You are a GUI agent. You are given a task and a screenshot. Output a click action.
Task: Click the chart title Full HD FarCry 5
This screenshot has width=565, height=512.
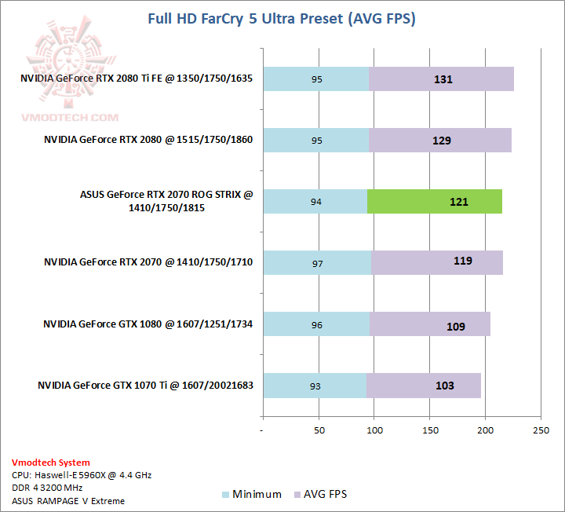pos(282,17)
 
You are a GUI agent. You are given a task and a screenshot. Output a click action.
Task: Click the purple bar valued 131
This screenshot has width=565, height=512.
pos(441,79)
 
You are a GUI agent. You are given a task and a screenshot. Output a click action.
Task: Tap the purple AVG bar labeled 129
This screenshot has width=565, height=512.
pos(440,140)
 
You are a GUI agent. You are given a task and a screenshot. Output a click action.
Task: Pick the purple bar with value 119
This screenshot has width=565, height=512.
pos(437,262)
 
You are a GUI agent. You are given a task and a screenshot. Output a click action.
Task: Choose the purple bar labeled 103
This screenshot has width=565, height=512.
pos(424,385)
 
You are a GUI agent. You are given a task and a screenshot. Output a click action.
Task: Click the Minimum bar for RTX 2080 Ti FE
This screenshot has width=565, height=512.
pos(315,79)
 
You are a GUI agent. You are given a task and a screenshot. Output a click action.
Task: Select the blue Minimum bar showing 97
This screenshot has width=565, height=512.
pos(317,262)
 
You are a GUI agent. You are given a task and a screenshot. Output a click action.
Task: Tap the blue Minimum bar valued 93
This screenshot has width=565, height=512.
pos(315,385)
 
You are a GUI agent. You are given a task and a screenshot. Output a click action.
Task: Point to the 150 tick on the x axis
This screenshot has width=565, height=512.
pos(429,430)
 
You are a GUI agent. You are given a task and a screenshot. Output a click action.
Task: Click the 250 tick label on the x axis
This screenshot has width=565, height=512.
pos(541,430)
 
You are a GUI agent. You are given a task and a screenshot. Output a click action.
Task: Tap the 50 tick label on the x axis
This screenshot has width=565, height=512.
pos(319,430)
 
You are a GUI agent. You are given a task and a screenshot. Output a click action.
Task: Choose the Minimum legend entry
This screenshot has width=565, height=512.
pos(252,494)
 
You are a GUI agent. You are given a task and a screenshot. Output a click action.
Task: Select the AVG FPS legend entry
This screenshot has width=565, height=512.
pos(319,494)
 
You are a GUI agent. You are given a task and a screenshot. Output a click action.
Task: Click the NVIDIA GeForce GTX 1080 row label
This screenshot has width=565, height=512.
pos(148,324)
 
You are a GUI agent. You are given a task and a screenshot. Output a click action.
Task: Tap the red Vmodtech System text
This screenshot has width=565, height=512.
pos(50,463)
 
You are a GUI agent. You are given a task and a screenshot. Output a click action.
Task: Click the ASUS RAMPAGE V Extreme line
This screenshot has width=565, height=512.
pos(68,500)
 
